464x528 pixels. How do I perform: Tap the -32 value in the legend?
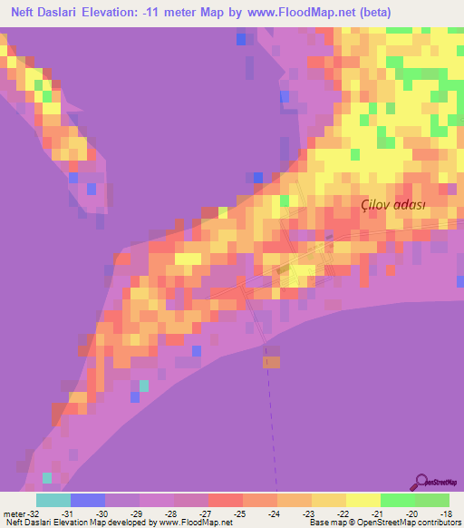(29, 513)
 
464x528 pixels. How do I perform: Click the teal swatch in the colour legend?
(53, 500)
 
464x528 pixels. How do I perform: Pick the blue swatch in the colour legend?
(87, 500)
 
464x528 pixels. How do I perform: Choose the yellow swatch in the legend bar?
(362, 500)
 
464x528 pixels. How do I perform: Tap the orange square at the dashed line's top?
(272, 362)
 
